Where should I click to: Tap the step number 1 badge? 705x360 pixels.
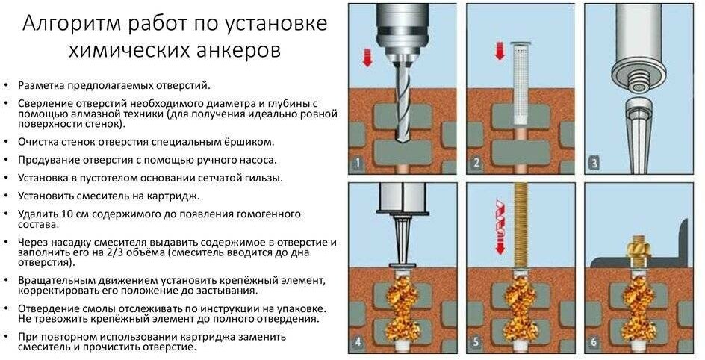pos(358,163)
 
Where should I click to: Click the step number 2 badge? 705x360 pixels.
pos(476,163)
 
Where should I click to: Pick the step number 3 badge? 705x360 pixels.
pos(594,163)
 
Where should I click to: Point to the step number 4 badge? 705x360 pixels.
pos(358,343)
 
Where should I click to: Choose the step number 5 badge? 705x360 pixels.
pos(476,343)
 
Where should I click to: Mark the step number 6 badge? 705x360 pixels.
pos(594,343)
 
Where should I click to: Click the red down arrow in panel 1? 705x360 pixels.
pos(367,58)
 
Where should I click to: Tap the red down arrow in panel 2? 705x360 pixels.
pos(500,50)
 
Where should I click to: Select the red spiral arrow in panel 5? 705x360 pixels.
pos(500,227)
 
